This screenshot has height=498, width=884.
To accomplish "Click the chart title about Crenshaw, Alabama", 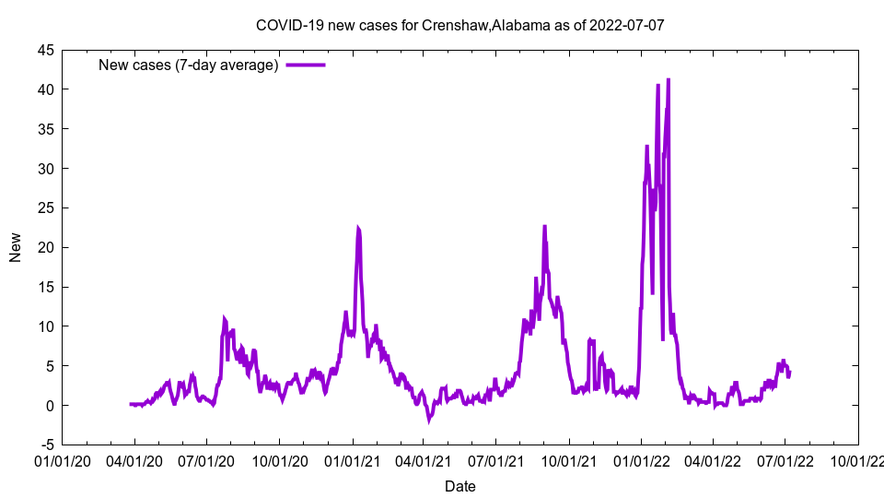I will pyautogui.click(x=459, y=25).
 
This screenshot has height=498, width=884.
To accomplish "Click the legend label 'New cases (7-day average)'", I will pyautogui.click(x=188, y=65).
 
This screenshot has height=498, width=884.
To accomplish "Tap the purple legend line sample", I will pyautogui.click(x=306, y=65).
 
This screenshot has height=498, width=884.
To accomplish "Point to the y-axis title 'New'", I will pyautogui.click(x=16, y=247).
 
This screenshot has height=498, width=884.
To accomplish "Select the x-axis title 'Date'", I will pyautogui.click(x=459, y=486).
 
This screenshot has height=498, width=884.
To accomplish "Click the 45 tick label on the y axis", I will pyautogui.click(x=44, y=50).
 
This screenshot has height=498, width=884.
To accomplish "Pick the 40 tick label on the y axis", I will pyautogui.click(x=44, y=89).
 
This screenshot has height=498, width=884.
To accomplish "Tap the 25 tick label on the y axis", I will pyautogui.click(x=44, y=208).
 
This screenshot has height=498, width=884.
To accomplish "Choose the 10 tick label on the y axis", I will pyautogui.click(x=44, y=326).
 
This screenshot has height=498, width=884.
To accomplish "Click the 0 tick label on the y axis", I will pyautogui.click(x=49, y=406).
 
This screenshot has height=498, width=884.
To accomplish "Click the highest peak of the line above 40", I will pyautogui.click(x=668, y=80).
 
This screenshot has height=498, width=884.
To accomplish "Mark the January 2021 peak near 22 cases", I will pyautogui.click(x=358, y=228).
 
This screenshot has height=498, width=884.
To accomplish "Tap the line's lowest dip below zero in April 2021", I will pyautogui.click(x=429, y=420).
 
